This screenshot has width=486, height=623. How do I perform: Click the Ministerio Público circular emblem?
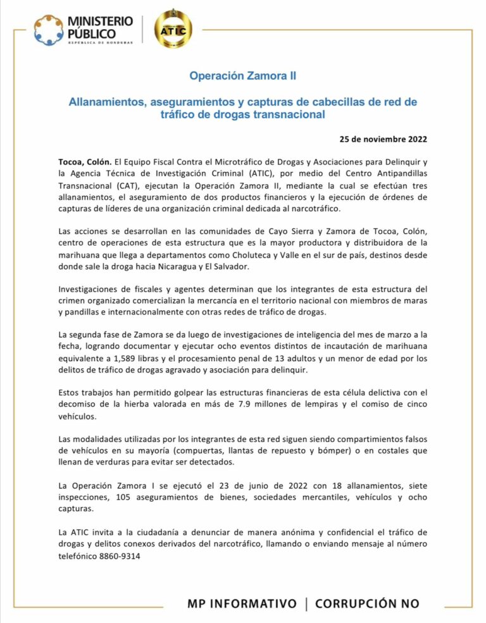pyautogui.click(x=48, y=30)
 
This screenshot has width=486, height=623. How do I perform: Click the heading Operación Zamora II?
pyautogui.click(x=243, y=76)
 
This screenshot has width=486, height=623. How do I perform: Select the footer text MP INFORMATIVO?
pyautogui.click(x=242, y=603)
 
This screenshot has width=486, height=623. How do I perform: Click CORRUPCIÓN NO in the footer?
pyautogui.click(x=367, y=603)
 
